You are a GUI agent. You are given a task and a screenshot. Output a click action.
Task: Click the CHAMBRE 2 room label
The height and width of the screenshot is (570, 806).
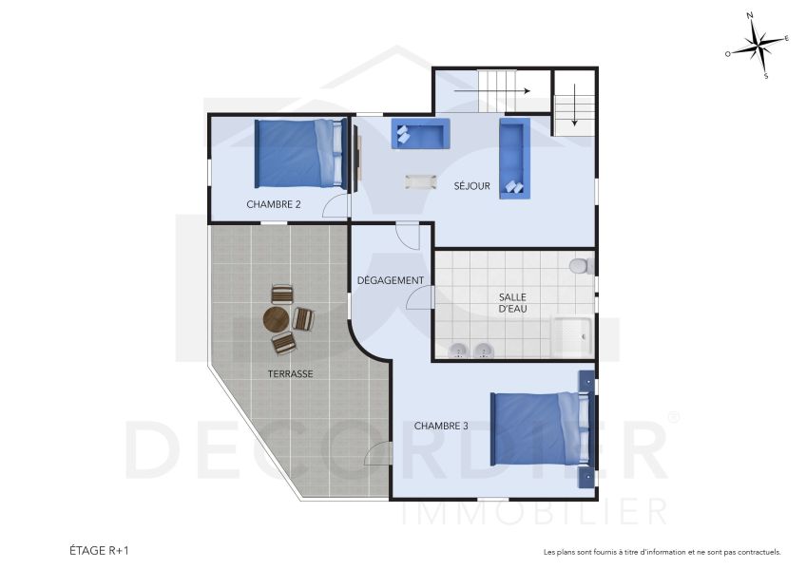(x=274, y=204)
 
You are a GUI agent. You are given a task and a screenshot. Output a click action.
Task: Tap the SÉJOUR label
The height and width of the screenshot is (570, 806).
(x=471, y=186)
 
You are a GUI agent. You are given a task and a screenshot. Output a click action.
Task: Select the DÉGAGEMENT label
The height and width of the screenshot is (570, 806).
(x=390, y=280)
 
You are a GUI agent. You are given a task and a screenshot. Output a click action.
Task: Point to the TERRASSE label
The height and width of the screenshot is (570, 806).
(x=290, y=374)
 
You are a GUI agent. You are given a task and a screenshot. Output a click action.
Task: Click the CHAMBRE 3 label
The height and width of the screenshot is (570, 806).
(x=441, y=426)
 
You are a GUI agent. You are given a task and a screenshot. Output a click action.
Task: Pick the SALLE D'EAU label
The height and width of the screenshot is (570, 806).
(x=512, y=303)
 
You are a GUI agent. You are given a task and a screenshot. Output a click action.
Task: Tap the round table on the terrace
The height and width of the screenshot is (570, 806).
(x=277, y=318)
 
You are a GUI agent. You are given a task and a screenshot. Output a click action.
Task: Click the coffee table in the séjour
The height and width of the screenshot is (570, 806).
(x=419, y=180)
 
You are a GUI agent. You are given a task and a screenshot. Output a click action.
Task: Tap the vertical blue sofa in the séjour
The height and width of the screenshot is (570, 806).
(x=514, y=157)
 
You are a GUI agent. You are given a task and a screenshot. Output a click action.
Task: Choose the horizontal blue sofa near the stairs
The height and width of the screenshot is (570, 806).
(x=419, y=134)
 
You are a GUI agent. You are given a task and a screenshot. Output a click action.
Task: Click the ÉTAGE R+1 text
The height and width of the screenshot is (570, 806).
(x=99, y=550)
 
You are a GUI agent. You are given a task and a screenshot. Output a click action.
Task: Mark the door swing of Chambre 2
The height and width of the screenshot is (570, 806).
(x=335, y=206)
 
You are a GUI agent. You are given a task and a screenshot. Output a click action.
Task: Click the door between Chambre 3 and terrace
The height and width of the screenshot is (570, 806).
(x=378, y=454)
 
